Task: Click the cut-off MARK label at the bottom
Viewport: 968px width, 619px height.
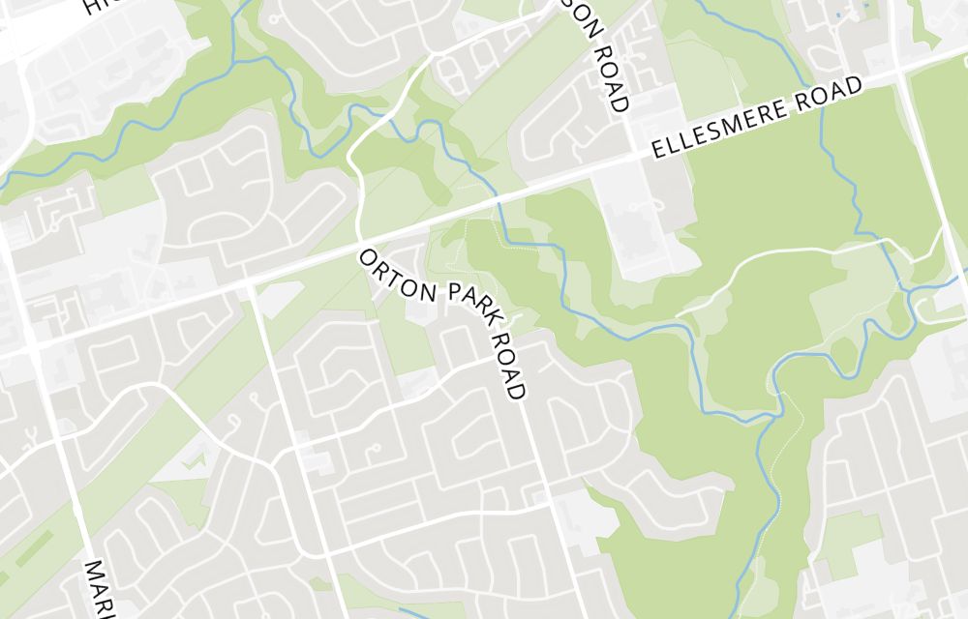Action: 97,590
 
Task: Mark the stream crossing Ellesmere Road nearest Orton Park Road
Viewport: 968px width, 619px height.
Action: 499,198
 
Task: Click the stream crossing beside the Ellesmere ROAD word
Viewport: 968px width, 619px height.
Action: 824,101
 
